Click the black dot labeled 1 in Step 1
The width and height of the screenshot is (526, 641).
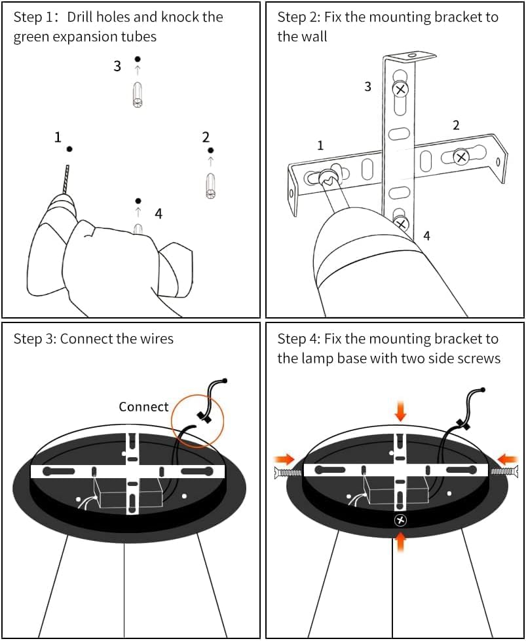tap(69, 149)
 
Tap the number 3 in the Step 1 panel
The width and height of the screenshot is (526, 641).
tap(117, 66)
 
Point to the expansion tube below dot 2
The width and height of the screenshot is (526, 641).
tap(210, 185)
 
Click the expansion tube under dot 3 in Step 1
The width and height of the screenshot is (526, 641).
tap(138, 94)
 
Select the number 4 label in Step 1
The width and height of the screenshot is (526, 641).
tap(159, 213)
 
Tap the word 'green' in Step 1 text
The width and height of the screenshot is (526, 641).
tap(30, 37)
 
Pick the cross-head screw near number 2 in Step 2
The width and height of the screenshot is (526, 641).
tap(461, 156)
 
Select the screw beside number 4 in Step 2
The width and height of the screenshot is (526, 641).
tap(401, 224)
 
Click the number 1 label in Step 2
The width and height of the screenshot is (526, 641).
tap(320, 145)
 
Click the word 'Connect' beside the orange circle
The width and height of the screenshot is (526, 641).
tap(143, 407)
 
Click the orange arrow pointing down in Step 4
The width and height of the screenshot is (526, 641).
tap(400, 411)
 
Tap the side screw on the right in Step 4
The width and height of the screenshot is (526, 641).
tap(505, 470)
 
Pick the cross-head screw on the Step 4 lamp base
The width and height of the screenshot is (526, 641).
tap(400, 520)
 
